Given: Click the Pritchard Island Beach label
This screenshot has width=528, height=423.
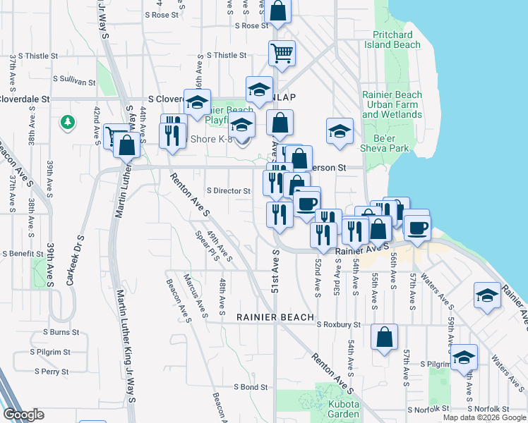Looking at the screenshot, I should [x=392, y=39].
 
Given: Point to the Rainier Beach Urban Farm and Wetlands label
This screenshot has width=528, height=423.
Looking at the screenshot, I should [x=392, y=104].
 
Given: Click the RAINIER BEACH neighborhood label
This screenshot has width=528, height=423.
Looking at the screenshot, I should [x=275, y=318].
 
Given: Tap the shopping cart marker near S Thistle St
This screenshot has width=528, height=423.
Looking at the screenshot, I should [x=282, y=53].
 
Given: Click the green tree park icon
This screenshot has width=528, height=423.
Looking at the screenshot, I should [x=68, y=123].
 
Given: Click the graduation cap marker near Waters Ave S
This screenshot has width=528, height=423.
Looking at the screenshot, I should [x=487, y=297].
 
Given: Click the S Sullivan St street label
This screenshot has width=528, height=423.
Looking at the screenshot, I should [x=72, y=82].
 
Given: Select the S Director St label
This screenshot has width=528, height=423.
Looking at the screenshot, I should [x=229, y=191].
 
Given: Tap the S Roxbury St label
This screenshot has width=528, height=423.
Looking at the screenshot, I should [x=339, y=325].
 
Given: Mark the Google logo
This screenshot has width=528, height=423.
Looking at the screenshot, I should [x=23, y=415].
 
